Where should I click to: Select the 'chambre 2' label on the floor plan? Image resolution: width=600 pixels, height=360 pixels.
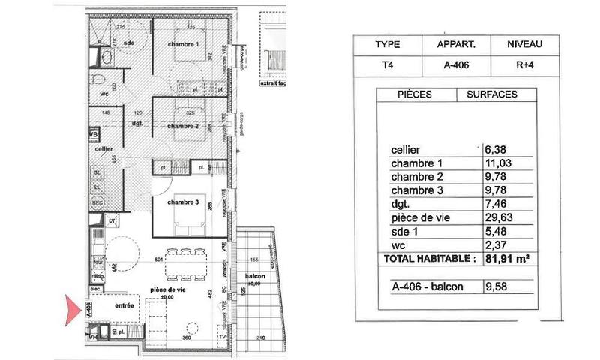point(183,126)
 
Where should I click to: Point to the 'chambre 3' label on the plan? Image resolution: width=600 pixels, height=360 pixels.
point(182,202)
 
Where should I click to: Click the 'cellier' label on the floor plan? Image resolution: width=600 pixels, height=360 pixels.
point(103,148)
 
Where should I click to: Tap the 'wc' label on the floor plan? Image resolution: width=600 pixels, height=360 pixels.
point(105,94)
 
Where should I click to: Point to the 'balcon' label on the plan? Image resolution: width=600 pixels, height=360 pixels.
point(256,277)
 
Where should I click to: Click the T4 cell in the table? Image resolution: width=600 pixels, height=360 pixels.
point(386,64)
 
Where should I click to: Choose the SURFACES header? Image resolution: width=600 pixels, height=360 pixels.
point(491,95)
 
